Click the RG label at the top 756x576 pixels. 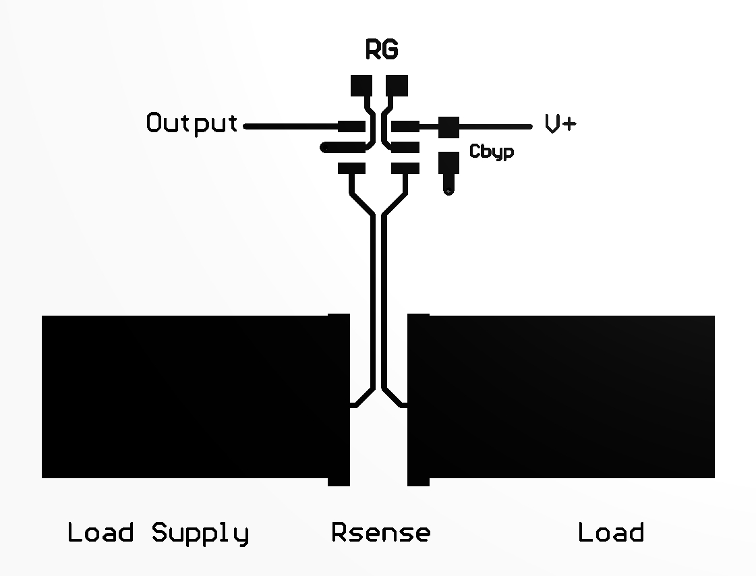tap(382, 51)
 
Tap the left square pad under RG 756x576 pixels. tap(361, 85)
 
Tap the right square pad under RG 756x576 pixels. tap(397, 85)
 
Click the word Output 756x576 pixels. tap(192, 124)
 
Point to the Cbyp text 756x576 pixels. tap(492, 152)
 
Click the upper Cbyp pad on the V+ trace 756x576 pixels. tap(448, 126)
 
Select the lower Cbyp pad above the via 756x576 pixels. tap(448, 163)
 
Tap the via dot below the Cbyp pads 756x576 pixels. tap(449, 190)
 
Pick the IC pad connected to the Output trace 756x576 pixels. tap(351, 126)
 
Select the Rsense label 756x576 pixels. tap(381, 533)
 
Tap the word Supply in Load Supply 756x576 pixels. tap(200, 534)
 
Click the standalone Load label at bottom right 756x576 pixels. tap(611, 533)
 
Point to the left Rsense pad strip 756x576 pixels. tap(339, 399)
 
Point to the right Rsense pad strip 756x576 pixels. tap(418, 399)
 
